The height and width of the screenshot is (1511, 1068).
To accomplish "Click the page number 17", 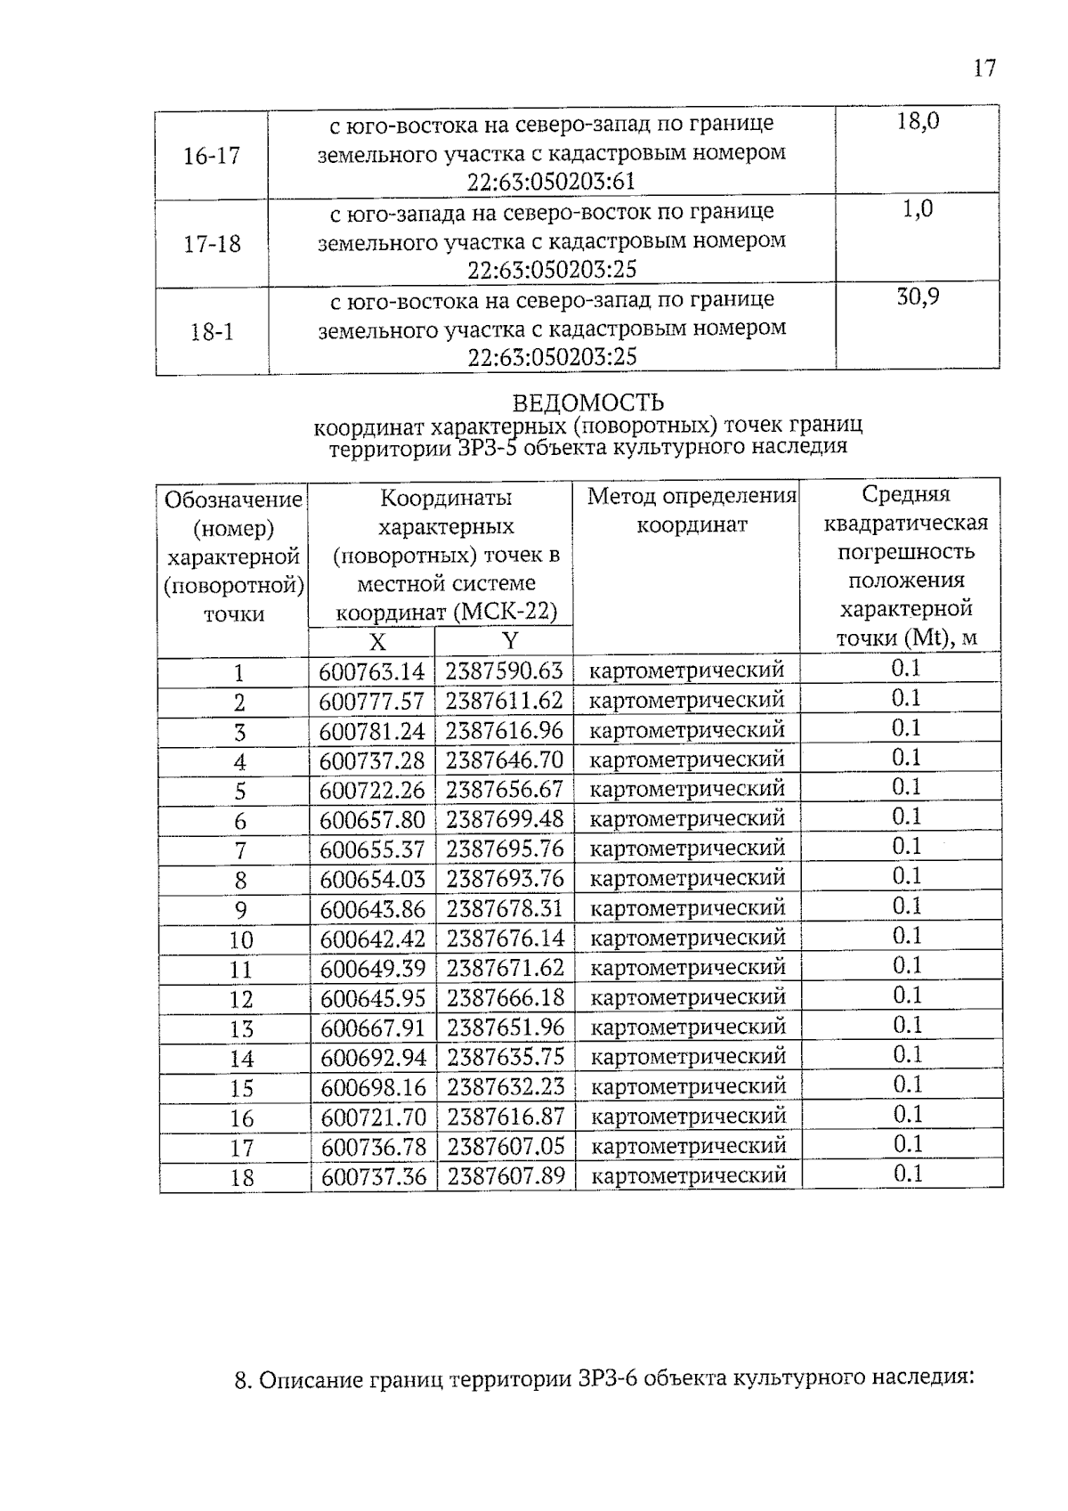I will (983, 68).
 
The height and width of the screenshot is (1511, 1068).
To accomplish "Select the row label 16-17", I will (212, 157).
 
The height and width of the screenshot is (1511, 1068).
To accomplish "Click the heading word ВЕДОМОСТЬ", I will (587, 403).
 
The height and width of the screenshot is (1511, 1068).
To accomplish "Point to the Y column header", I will (509, 641).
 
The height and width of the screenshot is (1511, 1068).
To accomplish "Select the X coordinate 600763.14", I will (372, 671).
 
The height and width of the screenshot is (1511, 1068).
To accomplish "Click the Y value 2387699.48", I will (505, 819).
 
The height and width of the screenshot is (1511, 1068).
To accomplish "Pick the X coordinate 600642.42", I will (372, 938).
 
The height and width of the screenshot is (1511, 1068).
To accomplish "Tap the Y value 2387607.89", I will (506, 1176).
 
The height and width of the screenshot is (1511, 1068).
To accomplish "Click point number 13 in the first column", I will (241, 1029).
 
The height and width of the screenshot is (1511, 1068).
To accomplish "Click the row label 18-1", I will (212, 333).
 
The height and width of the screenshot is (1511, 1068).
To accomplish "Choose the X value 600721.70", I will (374, 1117).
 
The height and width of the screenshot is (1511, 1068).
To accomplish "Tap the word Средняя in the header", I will (906, 494).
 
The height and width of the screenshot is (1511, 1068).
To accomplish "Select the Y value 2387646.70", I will (505, 760).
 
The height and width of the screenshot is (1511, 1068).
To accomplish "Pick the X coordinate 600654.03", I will (372, 879).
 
